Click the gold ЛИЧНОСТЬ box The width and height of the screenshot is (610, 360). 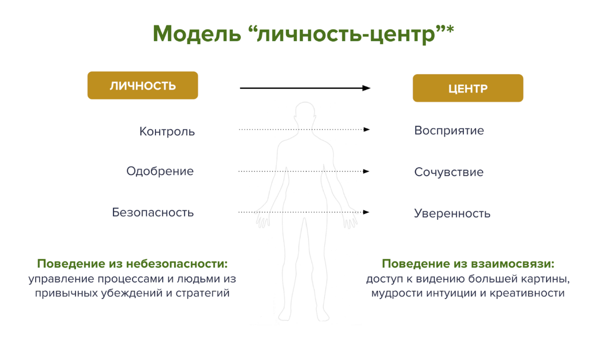point(143,85)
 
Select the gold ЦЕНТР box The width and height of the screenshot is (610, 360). point(468,88)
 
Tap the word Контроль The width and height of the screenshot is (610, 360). point(167,131)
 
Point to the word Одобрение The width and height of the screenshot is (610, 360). point(160,171)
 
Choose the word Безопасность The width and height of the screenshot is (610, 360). point(153,213)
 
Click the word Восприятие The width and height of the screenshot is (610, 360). point(449,130)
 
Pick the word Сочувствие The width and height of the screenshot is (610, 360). point(449,172)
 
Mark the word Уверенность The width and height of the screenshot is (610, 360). point(452,213)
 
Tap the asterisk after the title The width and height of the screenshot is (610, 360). point(450,29)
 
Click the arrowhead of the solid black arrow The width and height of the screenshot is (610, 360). point(366,88)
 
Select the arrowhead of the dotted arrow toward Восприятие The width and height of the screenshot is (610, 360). point(366,129)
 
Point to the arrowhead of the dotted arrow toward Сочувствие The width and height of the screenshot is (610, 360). point(366,171)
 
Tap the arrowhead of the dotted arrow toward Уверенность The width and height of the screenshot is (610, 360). point(366,212)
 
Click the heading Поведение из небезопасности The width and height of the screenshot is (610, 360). point(132,263)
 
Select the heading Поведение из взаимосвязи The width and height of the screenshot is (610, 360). point(468,263)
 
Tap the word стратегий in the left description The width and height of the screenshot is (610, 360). point(203,293)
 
